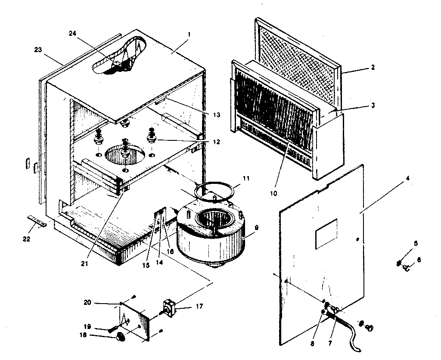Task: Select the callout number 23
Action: click(37, 50)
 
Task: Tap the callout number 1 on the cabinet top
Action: click(189, 33)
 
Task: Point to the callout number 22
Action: click(26, 239)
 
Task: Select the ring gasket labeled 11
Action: click(215, 189)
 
